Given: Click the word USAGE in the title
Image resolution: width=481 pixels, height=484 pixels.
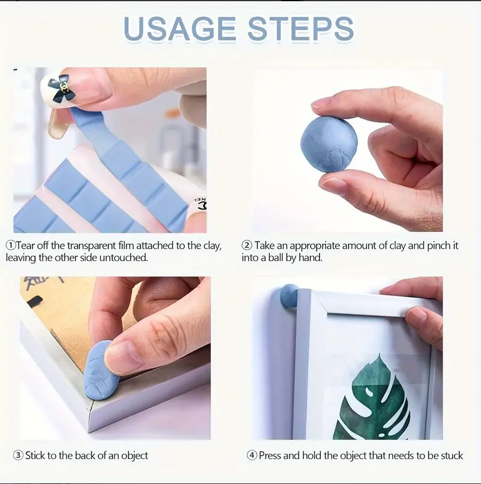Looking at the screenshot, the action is click(179, 29).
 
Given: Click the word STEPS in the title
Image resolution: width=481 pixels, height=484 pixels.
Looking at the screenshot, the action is click(300, 29).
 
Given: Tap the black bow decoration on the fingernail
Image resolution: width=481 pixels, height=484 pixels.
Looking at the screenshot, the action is click(63, 89).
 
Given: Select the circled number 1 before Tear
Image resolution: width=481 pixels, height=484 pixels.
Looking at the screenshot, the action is click(11, 246).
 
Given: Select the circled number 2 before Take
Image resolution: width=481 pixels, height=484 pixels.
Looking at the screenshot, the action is click(247, 246).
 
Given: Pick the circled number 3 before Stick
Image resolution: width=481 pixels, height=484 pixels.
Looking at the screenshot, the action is click(18, 455).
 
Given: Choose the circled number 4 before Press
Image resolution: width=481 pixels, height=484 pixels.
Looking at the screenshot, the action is click(252, 455).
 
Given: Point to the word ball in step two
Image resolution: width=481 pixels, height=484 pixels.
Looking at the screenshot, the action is click(275, 257).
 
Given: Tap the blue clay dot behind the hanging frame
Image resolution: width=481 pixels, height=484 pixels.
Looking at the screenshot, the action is click(288, 296).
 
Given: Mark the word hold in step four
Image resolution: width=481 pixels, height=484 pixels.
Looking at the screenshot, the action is click(312, 456).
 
